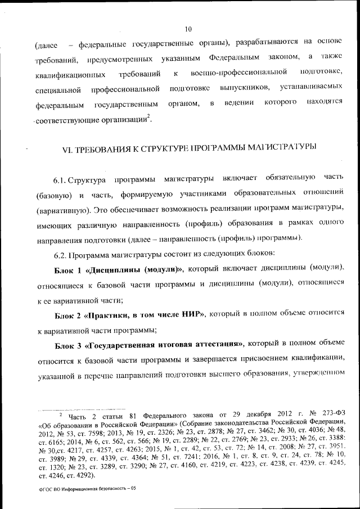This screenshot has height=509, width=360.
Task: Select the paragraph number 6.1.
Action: pos(60,179)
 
